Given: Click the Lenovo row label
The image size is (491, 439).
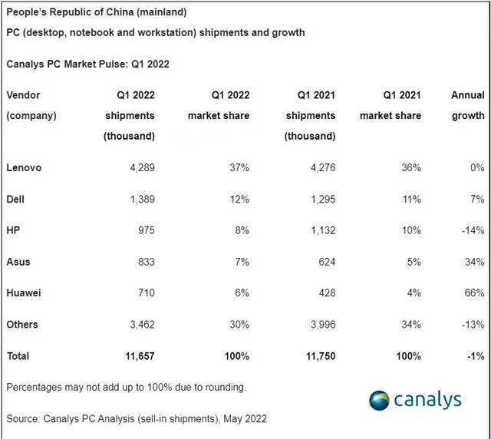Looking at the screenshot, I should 23,167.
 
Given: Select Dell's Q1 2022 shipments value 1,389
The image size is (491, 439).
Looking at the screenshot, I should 139,199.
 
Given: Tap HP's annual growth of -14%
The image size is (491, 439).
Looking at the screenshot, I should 470,230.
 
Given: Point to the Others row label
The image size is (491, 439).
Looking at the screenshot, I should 21,325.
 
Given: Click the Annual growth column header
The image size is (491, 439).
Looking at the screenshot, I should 467,105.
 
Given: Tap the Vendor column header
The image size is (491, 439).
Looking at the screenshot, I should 23,95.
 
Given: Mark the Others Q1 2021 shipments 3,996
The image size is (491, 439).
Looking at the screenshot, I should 320,325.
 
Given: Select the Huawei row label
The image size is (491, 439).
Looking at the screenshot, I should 25,293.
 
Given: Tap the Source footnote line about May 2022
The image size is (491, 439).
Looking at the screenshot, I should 137,419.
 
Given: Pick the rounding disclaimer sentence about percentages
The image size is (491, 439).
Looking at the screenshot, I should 126,388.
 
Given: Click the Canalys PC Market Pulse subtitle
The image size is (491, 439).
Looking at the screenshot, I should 87,64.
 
